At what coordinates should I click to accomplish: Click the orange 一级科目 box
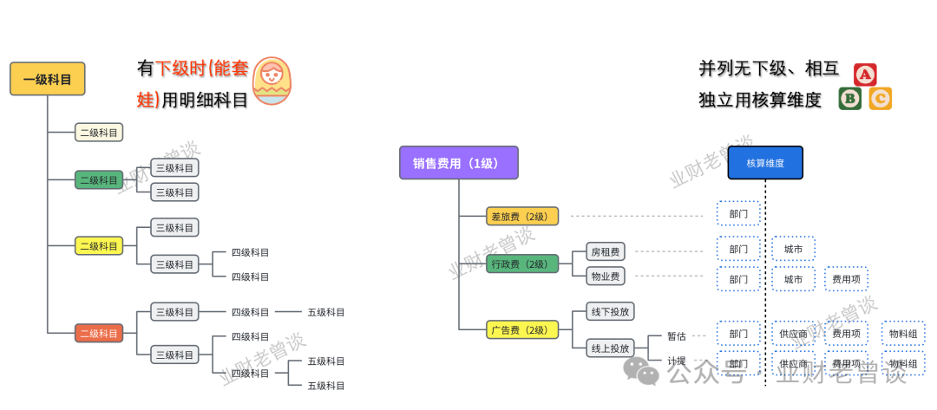pyautogui.click(x=47, y=79)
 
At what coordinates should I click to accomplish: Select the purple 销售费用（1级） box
pyautogui.click(x=458, y=163)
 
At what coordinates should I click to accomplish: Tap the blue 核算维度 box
pyautogui.click(x=765, y=163)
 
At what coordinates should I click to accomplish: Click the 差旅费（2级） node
pyautogui.click(x=521, y=217)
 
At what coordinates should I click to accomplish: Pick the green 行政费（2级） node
pyautogui.click(x=521, y=264)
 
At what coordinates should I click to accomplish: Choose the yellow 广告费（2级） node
pyautogui.click(x=521, y=329)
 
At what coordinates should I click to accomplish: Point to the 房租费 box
pyautogui.click(x=605, y=252)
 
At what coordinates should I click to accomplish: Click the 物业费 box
pyautogui.click(x=605, y=277)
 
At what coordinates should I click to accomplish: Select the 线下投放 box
pyautogui.click(x=611, y=311)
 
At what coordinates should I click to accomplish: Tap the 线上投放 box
pyautogui.click(x=611, y=348)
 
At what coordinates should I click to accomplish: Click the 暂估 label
pyautogui.click(x=677, y=335)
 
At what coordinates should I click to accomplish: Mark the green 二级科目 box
pyautogui.click(x=99, y=180)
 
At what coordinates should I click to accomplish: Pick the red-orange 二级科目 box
pyautogui.click(x=99, y=333)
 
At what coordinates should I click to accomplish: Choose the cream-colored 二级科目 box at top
pyautogui.click(x=99, y=133)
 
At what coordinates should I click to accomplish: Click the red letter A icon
pyautogui.click(x=865, y=75)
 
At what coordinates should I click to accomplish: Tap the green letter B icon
pyautogui.click(x=850, y=99)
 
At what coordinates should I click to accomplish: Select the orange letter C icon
pyautogui.click(x=880, y=99)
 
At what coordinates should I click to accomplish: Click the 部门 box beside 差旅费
pyautogui.click(x=738, y=212)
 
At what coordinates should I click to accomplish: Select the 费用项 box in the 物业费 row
pyautogui.click(x=846, y=279)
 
